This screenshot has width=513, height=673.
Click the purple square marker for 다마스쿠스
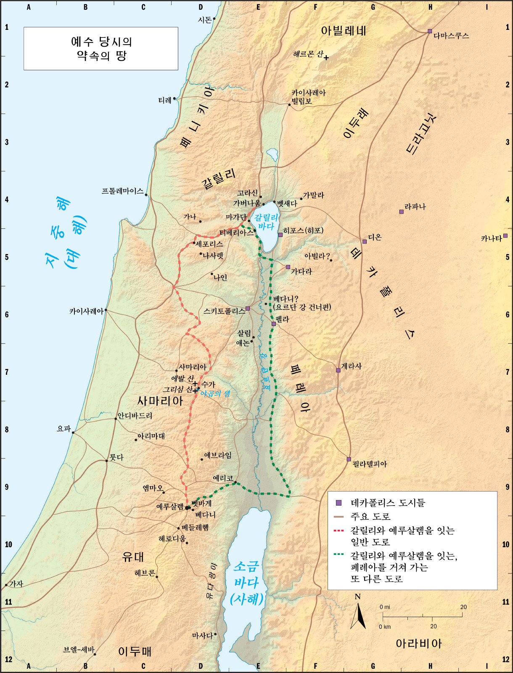tap(430, 31)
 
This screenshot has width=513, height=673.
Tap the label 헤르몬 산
tap(308, 54)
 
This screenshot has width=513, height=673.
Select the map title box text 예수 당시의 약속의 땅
tap(101, 48)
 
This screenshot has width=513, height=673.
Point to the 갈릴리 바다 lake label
tap(266, 222)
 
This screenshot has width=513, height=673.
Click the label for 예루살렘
tap(170, 506)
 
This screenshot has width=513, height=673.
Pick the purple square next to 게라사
tap(338, 370)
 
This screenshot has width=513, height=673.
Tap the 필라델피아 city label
tap(370, 464)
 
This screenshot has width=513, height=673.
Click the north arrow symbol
tap(358, 615)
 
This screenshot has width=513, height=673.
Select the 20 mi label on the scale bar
tap(463, 607)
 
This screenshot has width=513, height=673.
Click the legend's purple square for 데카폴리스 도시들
tap(338, 503)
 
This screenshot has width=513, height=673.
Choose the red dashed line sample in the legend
tap(338, 530)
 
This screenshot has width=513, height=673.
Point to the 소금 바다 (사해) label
tap(247, 583)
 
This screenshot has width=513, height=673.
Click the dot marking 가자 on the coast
tap(6, 585)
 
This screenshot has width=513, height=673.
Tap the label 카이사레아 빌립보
tap(308, 97)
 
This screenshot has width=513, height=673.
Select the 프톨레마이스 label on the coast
tap(122, 191)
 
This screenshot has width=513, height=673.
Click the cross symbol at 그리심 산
tap(195, 390)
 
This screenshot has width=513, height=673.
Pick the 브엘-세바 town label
tap(79, 649)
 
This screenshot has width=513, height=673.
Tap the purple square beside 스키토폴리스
tap(248, 308)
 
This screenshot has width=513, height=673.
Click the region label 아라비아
tap(418, 644)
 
